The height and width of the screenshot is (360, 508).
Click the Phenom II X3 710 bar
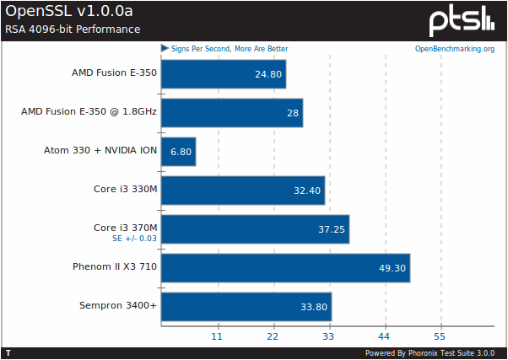coord(285,268)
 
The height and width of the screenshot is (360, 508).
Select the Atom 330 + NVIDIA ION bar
coord(178,152)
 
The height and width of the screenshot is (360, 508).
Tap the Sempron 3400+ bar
coord(246,307)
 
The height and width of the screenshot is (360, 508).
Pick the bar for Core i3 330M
coord(242,191)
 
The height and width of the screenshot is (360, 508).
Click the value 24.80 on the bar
coord(268,74)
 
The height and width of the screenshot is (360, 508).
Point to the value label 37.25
coord(331,229)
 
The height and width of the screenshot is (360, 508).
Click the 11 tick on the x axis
coord(217,336)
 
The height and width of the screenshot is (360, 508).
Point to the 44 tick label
coord(385,336)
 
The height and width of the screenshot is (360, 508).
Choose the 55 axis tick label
coord(440,336)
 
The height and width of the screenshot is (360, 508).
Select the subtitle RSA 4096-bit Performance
coord(73,30)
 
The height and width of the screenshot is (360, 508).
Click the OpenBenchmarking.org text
coord(454,49)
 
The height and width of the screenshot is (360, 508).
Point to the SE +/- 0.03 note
coord(134,239)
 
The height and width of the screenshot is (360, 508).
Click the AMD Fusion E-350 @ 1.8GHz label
coord(89,112)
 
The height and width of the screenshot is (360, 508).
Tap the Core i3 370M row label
coord(125,228)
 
